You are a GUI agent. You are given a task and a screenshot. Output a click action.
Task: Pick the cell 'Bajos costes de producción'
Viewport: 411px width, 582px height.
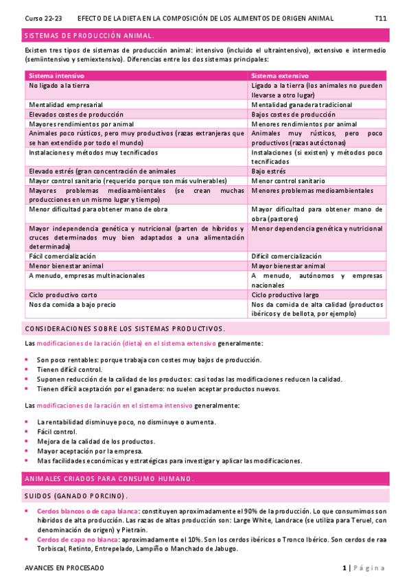pyautogui.click(x=294, y=114)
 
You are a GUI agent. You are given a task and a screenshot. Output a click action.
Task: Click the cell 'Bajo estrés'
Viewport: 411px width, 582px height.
pyautogui.click(x=269, y=171)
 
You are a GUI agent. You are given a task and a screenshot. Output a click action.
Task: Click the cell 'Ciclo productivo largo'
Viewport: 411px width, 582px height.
pyautogui.click(x=285, y=294)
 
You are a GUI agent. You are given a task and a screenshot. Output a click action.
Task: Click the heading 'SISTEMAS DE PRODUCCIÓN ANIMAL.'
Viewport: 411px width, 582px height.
pyautogui.click(x=89, y=35)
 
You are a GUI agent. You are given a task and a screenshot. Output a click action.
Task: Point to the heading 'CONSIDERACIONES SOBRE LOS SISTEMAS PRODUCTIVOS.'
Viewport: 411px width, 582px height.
pyautogui.click(x=124, y=329)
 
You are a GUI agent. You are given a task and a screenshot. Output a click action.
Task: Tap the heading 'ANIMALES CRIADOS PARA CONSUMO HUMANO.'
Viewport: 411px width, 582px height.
pyautogui.click(x=109, y=478)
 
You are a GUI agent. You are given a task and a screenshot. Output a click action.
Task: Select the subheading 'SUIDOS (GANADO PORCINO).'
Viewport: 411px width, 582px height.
pyautogui.click(x=75, y=496)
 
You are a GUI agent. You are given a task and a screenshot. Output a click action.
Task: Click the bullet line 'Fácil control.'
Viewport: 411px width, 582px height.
pyautogui.click(x=57, y=432)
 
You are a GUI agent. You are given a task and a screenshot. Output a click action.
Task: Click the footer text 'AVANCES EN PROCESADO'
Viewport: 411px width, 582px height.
pyautogui.click(x=64, y=568)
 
